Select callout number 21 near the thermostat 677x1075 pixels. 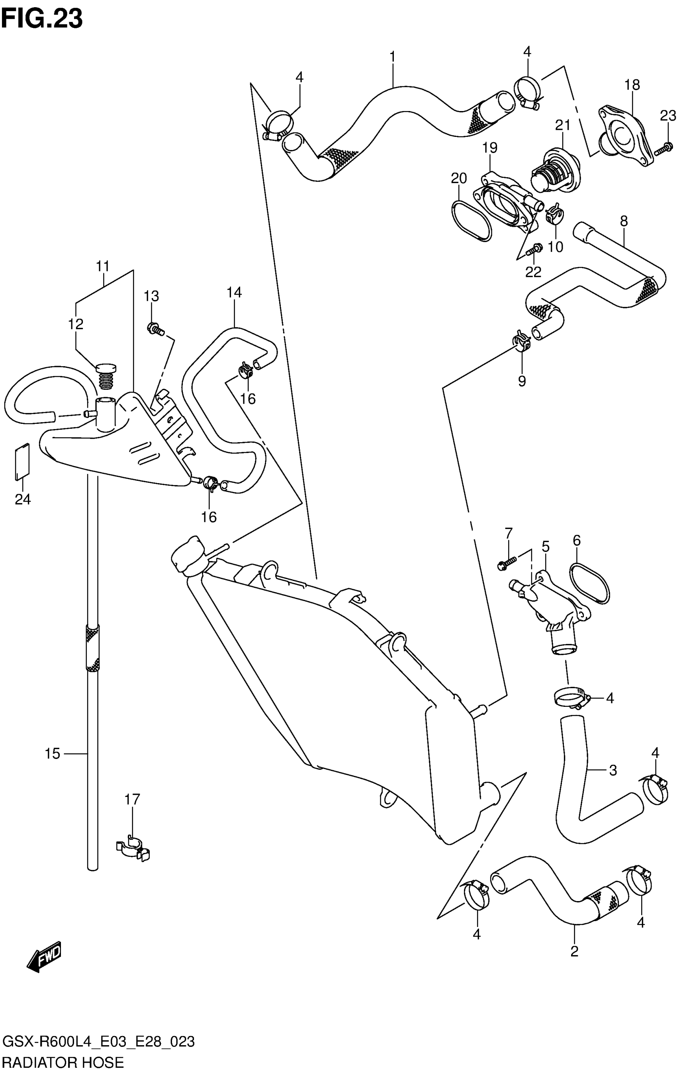coord(563,125)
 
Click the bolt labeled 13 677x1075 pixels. coord(155,330)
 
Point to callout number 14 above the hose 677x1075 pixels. coord(234,293)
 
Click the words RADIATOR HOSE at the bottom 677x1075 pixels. coord(63,1063)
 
